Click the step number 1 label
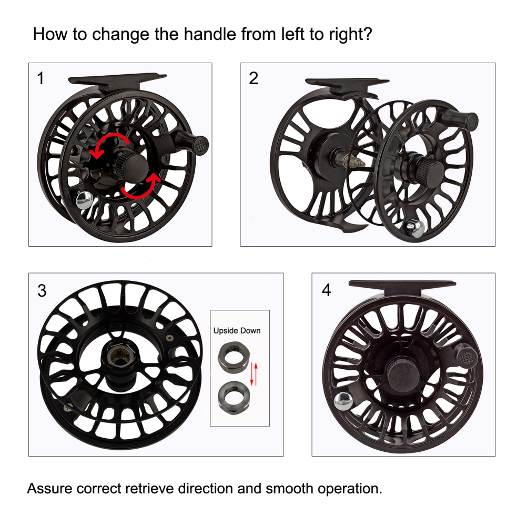[41, 79]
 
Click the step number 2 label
[254, 78]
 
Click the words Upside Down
[236, 331]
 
